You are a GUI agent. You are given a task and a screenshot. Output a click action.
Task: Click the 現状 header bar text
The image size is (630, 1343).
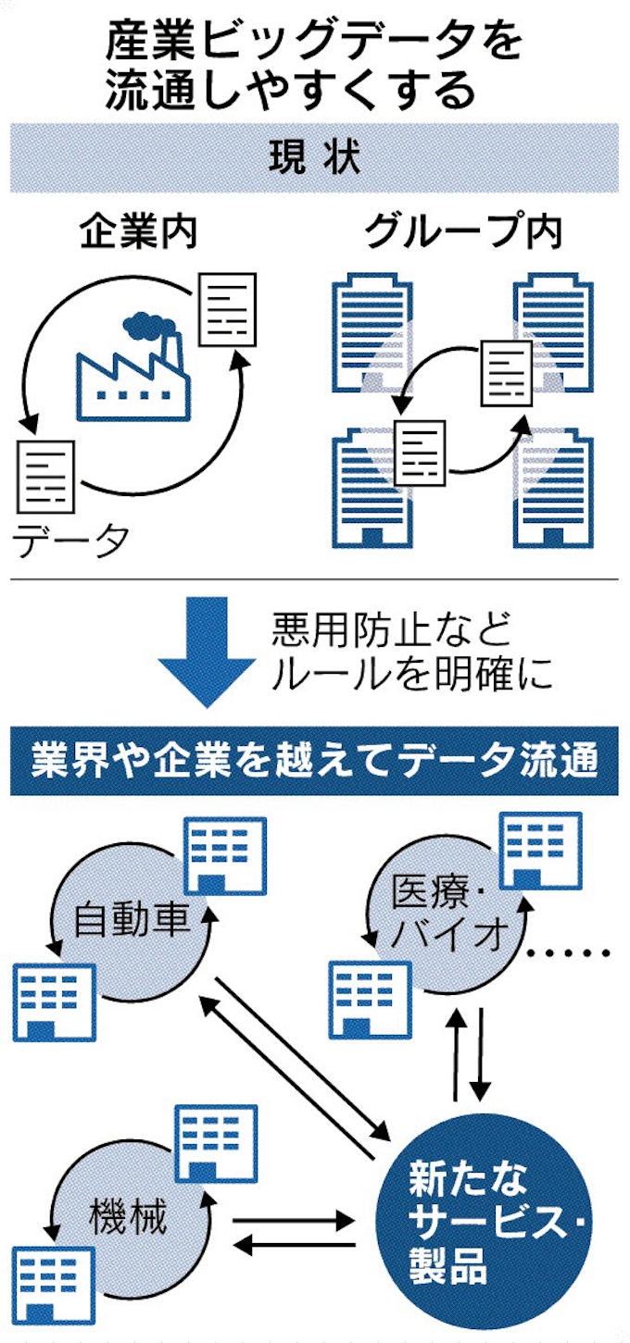tap(314, 157)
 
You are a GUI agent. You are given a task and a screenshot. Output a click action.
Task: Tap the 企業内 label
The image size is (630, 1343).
tap(138, 233)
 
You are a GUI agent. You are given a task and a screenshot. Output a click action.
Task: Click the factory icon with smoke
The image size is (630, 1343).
tap(135, 366)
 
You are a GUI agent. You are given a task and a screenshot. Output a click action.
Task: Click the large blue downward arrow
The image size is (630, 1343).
tap(205, 647)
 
